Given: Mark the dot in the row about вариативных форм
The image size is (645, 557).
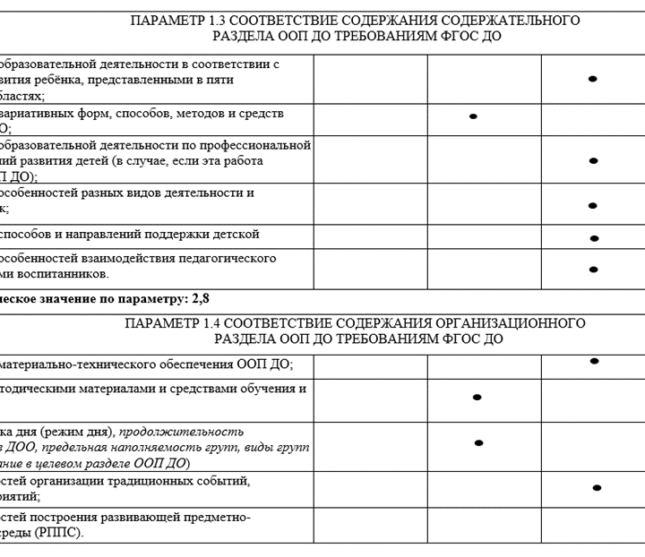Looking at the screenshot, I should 473,116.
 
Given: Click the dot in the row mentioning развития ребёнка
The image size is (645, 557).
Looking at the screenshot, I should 592,79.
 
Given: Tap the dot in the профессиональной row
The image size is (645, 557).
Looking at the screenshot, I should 592,160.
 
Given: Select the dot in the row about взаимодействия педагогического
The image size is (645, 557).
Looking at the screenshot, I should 593,269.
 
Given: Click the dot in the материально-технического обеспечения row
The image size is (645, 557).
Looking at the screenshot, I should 594,361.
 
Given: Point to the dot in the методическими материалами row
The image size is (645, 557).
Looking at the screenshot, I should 477,397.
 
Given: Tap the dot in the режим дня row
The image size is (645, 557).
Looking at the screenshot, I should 478,442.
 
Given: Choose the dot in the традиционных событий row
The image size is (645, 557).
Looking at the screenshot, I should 597,488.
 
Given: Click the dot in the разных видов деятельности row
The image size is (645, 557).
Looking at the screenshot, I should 592,205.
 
